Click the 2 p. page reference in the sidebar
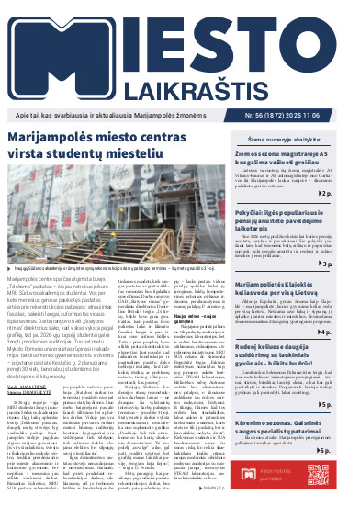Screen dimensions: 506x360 click(350, 195)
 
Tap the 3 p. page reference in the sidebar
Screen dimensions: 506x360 click(350, 264)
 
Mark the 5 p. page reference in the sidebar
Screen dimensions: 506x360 click(350, 404)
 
